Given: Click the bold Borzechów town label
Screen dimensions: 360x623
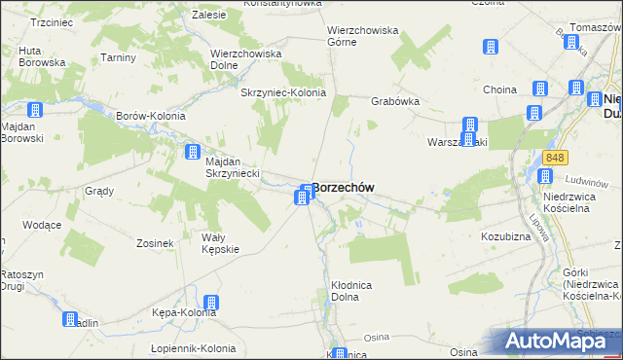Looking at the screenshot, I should (x=345, y=187).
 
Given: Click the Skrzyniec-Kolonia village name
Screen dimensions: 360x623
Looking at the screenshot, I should (x=282, y=93).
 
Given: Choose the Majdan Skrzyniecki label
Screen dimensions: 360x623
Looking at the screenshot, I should (x=231, y=166).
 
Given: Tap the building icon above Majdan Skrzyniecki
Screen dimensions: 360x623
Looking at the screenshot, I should (x=193, y=151).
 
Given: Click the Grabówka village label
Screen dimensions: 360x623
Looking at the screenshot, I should (x=394, y=100).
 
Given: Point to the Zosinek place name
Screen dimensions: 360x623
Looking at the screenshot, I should (x=155, y=243).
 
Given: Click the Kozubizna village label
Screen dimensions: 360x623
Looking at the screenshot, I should (x=504, y=236).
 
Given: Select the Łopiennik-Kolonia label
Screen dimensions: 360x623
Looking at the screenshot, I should (x=194, y=348).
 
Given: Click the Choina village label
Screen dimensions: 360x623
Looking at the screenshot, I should (x=499, y=90).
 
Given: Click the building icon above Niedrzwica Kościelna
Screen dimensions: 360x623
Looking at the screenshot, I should (x=545, y=176).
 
